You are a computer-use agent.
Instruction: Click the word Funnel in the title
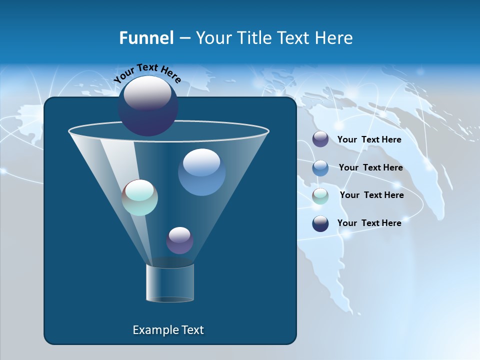[x=146, y=38]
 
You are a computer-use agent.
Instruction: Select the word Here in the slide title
[x=335, y=38]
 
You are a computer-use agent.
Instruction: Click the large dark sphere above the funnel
[x=147, y=105]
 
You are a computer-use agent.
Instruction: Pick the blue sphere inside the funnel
[x=201, y=172]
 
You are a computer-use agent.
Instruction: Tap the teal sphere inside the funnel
[x=140, y=197]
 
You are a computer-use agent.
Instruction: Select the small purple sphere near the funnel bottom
[x=179, y=240]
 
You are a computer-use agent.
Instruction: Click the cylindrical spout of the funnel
[x=170, y=283]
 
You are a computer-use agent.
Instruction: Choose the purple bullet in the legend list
[x=320, y=139]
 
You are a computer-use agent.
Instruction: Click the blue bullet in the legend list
[x=320, y=168]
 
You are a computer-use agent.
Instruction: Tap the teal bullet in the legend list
[x=320, y=196]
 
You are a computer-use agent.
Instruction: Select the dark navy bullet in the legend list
[x=320, y=223]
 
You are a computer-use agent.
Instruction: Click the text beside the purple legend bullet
[x=369, y=139]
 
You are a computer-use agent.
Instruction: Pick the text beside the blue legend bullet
[x=370, y=167]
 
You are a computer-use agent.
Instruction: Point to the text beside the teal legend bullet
[x=371, y=195]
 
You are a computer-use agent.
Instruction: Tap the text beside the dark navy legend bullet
[x=369, y=223]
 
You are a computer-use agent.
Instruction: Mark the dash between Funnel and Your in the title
[x=184, y=38]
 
